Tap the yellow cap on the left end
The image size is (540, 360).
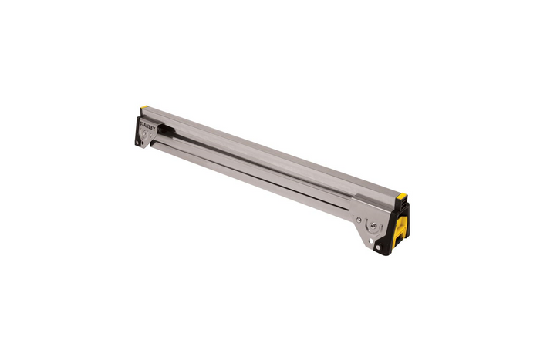coord(144,107)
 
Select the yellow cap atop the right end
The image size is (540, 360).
coord(402,197)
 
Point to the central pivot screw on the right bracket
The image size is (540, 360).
coord(373,225)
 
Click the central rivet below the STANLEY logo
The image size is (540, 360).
coord(144,133)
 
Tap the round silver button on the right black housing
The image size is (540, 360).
coord(378,247)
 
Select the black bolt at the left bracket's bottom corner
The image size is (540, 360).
coord(137,142)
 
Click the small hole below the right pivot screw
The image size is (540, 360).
coord(371,240)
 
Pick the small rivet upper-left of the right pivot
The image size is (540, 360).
coord(359,220)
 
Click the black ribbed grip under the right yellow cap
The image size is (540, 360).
coord(403,207)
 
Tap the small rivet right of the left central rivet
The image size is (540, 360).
coord(150,135)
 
